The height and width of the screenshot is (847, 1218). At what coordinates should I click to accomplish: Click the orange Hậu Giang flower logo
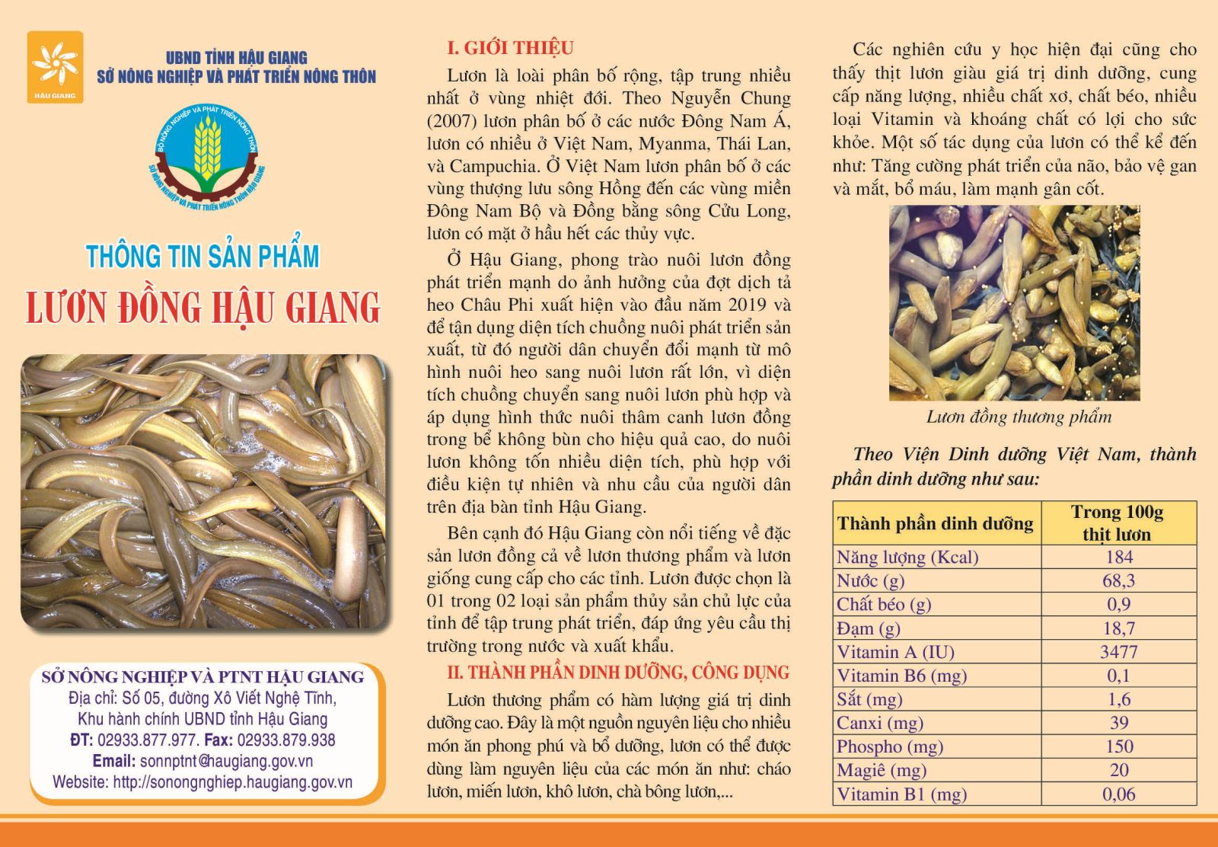click(54, 66)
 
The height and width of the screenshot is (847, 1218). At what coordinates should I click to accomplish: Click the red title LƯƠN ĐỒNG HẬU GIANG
click(203, 307)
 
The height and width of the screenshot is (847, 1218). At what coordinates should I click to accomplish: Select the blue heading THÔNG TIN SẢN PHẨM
click(202, 257)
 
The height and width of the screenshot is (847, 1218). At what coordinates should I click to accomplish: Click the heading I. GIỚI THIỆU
click(509, 48)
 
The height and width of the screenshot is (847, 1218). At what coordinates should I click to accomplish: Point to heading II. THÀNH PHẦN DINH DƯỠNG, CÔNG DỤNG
click(617, 673)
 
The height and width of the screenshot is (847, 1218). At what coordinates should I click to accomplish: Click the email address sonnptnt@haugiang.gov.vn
click(225, 761)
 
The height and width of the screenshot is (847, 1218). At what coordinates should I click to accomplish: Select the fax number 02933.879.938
click(286, 740)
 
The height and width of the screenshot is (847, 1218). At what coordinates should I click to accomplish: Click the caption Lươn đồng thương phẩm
click(1019, 417)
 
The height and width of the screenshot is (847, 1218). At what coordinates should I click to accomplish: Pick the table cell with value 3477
click(1118, 652)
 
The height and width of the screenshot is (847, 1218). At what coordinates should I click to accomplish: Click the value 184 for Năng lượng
click(1118, 557)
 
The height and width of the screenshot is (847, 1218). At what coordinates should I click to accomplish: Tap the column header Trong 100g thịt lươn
click(1117, 523)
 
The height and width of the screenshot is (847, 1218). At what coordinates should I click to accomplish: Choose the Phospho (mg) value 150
click(1118, 746)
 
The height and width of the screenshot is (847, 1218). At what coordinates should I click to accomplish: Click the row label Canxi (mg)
click(879, 723)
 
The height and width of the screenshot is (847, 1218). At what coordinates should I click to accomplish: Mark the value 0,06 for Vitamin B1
click(1118, 794)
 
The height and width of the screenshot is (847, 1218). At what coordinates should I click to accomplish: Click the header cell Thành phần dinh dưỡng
click(935, 523)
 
